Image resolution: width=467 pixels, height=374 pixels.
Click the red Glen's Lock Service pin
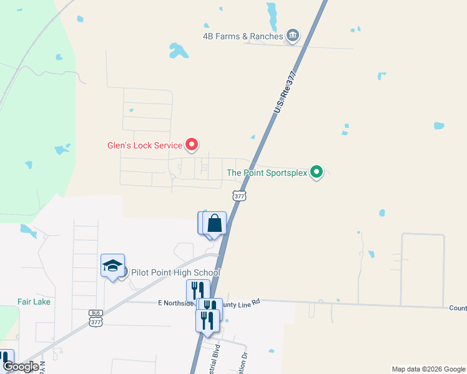(192, 145)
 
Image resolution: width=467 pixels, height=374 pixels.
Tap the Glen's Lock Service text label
(144, 146)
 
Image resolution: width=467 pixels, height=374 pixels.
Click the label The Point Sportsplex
(267, 173)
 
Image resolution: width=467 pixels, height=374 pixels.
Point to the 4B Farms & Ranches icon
(292, 36)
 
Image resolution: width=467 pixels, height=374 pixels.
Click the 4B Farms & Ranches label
(243, 36)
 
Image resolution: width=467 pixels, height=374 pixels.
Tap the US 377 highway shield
(239, 196)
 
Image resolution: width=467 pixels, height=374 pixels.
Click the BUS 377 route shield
(96, 319)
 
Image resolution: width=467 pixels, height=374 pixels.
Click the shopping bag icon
(214, 223)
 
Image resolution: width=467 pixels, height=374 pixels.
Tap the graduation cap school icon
(112, 266)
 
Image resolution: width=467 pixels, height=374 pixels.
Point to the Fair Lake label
(34, 302)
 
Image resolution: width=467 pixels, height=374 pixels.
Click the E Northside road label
(176, 302)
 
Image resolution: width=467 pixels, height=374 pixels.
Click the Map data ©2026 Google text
(428, 369)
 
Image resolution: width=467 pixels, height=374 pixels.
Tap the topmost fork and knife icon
(197, 290)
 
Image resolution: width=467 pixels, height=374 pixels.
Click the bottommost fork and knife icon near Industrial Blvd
(207, 320)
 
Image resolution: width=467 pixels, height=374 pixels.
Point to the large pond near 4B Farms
(178, 50)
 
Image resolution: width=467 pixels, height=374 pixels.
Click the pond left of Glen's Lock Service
(62, 150)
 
